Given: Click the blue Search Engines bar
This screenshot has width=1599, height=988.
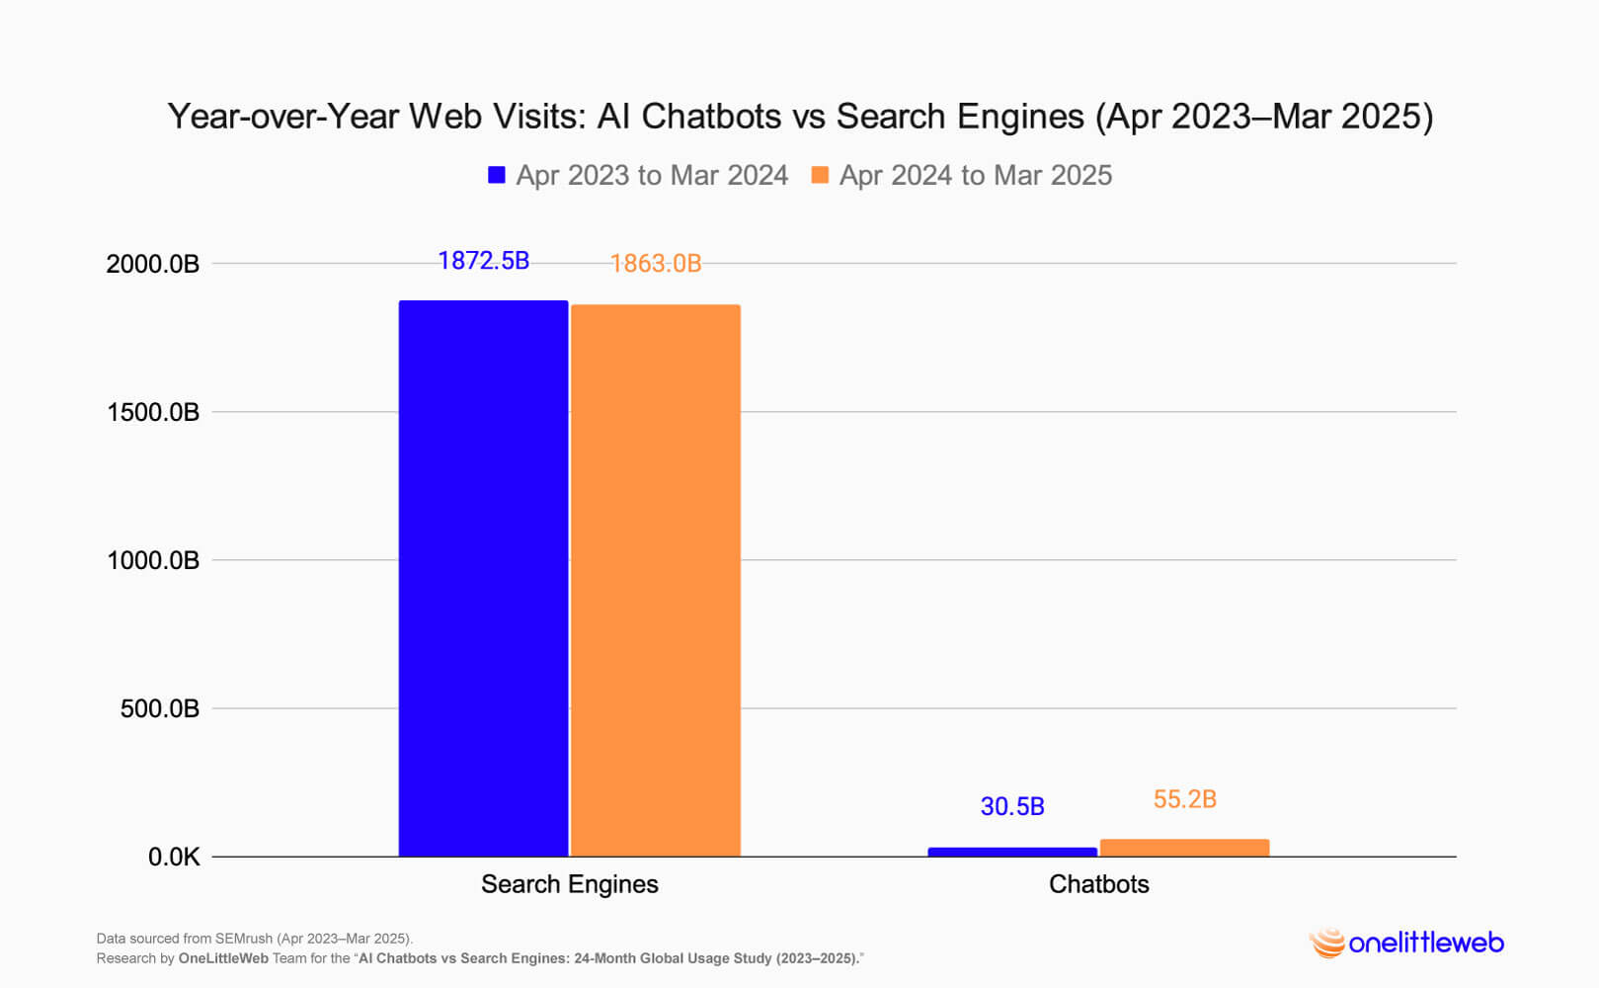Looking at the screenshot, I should click(x=483, y=578).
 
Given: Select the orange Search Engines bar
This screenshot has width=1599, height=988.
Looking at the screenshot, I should click(x=656, y=580).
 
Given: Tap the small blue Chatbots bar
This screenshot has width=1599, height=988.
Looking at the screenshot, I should click(x=1012, y=852).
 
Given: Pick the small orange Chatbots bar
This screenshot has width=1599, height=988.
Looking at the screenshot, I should click(x=1184, y=848).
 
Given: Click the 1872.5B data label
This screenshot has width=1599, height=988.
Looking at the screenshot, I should click(x=483, y=261).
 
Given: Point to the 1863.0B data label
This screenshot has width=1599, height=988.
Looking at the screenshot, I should click(x=656, y=264).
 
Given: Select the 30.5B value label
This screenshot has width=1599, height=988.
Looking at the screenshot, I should click(x=1012, y=807).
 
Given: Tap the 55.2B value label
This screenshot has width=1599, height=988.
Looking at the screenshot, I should click(x=1184, y=799).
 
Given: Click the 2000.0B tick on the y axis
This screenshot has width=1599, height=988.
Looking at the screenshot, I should click(x=153, y=265).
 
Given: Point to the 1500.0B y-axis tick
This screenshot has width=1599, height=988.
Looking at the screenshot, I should click(x=153, y=413).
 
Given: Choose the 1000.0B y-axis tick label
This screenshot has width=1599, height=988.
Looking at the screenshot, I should click(x=153, y=561).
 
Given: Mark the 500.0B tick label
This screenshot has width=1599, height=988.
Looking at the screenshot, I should click(x=160, y=709).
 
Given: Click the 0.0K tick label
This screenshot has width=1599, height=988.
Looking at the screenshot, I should click(x=174, y=858).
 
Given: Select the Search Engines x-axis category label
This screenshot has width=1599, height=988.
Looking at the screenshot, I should click(x=569, y=884).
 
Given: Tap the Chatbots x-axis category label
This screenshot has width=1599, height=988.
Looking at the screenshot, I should click(x=1098, y=884).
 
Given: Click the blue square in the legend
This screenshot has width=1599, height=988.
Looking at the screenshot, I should click(x=497, y=175).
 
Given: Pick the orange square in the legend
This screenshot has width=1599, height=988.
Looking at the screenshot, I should click(x=820, y=175).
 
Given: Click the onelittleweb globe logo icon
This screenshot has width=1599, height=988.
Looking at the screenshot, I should click(x=1327, y=944).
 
